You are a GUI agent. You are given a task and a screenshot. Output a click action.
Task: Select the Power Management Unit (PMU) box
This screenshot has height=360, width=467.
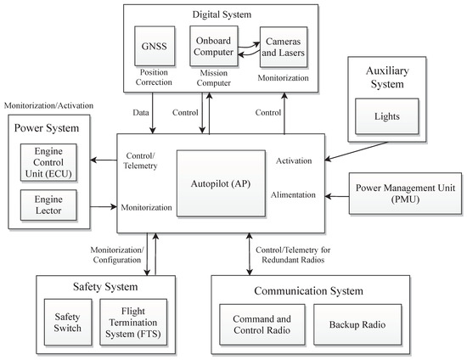pyautogui.click(x=405, y=193)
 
